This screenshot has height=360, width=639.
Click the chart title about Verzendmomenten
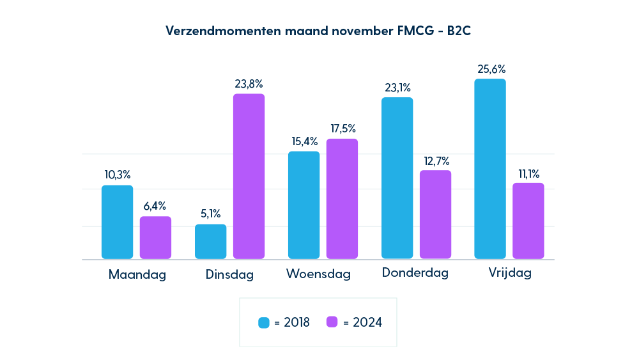319,31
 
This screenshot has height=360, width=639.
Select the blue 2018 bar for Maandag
118,222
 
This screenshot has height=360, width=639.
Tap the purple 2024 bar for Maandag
156,237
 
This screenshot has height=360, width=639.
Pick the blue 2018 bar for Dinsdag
211,241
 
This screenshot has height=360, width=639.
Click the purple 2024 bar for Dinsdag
249,176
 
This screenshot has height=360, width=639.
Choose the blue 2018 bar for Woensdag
304,205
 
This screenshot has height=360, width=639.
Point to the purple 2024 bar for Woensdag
342,198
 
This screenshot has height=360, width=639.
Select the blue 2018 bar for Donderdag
397,178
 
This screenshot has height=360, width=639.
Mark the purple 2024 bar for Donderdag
435,214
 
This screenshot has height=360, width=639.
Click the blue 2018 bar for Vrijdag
490,169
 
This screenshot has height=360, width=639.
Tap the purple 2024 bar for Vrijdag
528,221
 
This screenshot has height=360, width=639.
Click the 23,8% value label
249,84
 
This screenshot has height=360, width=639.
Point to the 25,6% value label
490,69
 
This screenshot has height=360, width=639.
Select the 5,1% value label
211,214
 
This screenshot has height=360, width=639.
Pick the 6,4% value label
155,206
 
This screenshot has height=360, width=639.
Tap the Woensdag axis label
318,274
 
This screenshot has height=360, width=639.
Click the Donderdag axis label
415,273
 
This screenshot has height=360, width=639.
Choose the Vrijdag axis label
510,274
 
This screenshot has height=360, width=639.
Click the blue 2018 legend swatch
264,322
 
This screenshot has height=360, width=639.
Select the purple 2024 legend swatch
332,322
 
